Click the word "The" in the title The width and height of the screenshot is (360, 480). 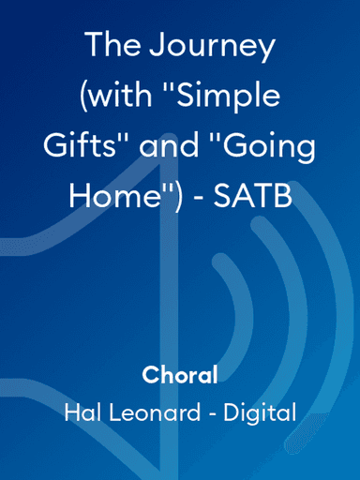coord(109,45)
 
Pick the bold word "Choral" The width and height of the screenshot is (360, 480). coord(180,377)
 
